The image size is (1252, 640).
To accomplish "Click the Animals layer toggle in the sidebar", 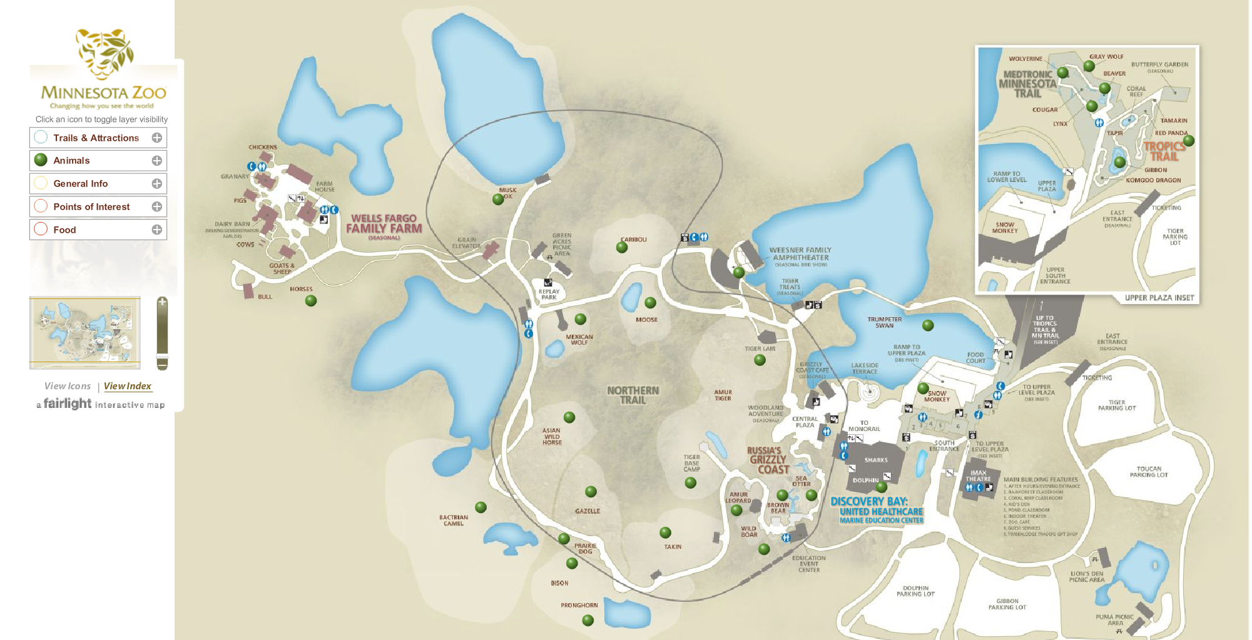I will (71, 161).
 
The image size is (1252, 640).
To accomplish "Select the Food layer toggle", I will (64, 230).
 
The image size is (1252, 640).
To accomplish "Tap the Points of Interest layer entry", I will (91, 206).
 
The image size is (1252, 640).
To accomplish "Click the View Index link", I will (128, 386).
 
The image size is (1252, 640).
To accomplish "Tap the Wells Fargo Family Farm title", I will (384, 224).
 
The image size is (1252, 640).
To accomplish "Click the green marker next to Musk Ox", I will (498, 200).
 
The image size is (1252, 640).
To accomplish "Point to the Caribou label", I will (633, 240).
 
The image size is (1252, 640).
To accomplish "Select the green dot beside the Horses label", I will (311, 301).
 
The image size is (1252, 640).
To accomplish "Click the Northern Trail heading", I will (633, 395).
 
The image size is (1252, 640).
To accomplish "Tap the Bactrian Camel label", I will (454, 521).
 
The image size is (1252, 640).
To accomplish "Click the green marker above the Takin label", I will (665, 532).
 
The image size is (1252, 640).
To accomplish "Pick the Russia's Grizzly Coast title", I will (768, 460).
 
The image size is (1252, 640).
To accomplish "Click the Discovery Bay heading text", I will (868, 502).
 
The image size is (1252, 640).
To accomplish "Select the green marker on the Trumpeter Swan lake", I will (928, 325).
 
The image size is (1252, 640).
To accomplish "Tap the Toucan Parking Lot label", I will (1149, 472).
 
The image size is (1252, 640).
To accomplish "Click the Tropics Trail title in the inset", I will (1164, 151).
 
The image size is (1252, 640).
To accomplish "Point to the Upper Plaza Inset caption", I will (1159, 298).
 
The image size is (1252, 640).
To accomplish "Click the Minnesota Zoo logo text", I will (104, 93).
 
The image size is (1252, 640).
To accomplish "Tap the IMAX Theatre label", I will (978, 475).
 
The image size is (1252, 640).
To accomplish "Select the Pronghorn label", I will (579, 606).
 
